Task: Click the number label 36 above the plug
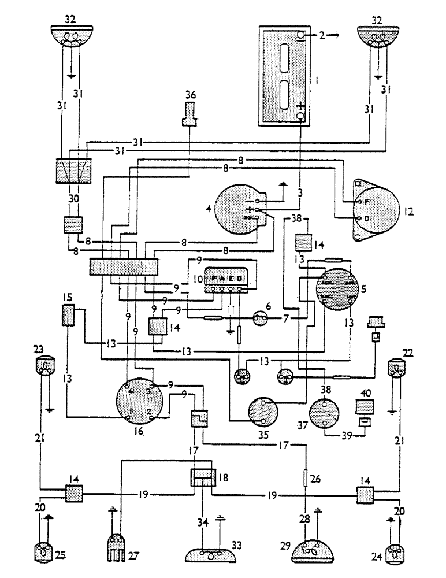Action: [x=190, y=94]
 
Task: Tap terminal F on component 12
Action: [x=359, y=202]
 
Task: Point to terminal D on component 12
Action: [x=359, y=218]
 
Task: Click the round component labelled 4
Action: [x=237, y=208]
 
